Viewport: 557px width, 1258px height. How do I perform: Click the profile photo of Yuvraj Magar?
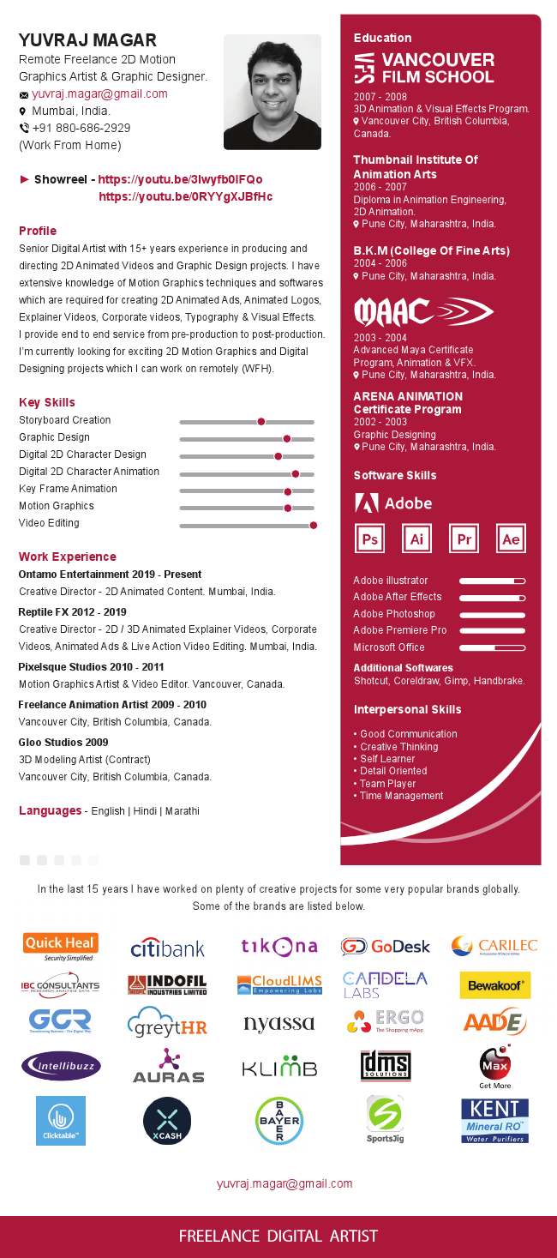(272, 92)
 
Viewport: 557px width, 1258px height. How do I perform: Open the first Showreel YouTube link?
(180, 179)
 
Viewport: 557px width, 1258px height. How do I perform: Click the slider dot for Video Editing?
(314, 525)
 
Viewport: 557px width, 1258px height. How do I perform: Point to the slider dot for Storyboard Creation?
(261, 422)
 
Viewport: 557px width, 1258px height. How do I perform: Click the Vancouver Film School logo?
(424, 68)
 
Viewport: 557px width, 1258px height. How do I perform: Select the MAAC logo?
(423, 311)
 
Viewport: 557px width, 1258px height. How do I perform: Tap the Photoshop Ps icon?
(370, 539)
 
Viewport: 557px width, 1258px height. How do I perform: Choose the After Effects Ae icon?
(511, 539)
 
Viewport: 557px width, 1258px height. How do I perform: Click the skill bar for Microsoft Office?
(492, 647)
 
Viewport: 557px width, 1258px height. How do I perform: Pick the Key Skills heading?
(47, 402)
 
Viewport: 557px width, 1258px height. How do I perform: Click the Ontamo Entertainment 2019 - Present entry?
(110, 575)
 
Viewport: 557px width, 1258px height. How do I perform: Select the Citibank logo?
(168, 948)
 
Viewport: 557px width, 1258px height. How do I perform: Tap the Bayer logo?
(279, 1120)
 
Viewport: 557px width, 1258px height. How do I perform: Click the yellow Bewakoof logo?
(494, 985)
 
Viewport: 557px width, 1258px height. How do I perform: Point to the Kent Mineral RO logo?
(494, 1120)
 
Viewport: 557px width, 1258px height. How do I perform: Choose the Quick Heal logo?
(60, 946)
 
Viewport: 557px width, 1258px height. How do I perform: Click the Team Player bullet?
(387, 784)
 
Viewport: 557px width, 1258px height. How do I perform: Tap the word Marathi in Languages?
(182, 810)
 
